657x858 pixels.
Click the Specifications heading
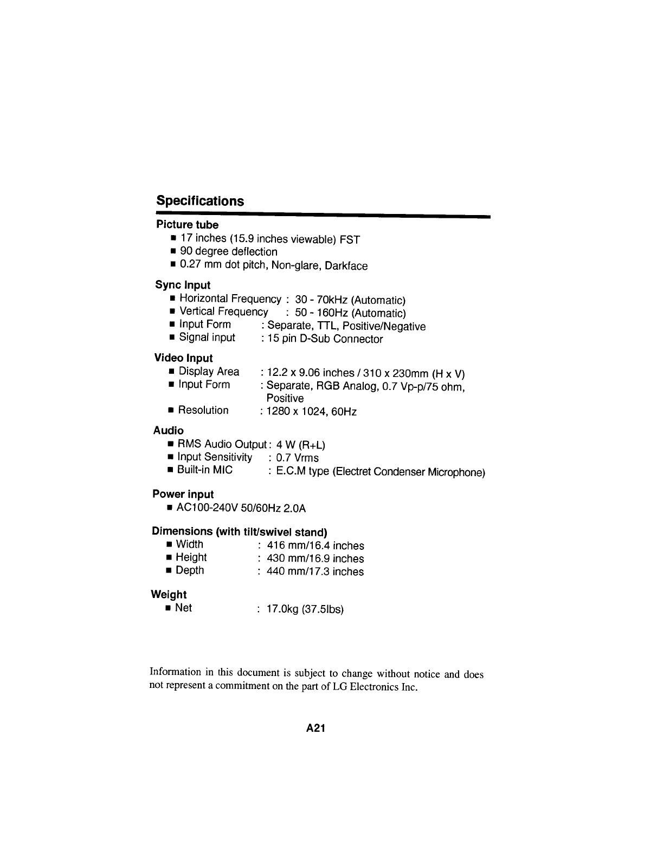point(200,201)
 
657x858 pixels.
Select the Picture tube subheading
point(187,225)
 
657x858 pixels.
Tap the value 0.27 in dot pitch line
point(190,265)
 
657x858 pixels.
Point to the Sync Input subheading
point(183,285)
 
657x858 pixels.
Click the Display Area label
point(209,372)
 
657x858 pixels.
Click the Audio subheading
point(168,431)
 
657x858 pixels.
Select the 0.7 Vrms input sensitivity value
point(298,458)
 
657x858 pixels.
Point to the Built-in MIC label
point(205,470)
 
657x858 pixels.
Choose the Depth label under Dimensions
point(190,570)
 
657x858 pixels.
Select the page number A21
point(315,729)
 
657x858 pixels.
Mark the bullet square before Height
point(169,558)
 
